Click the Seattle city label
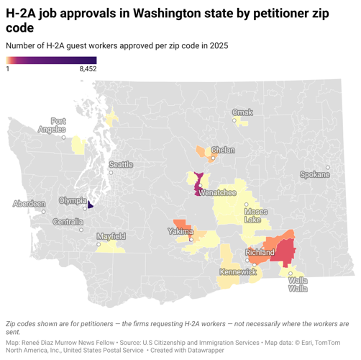121,165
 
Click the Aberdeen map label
29,204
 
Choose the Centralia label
68,221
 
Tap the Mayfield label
111,235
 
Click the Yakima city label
180,232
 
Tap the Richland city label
260,253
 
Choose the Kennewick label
238,272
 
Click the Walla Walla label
298,284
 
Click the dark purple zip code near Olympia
90,204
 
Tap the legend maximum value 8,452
86,68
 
